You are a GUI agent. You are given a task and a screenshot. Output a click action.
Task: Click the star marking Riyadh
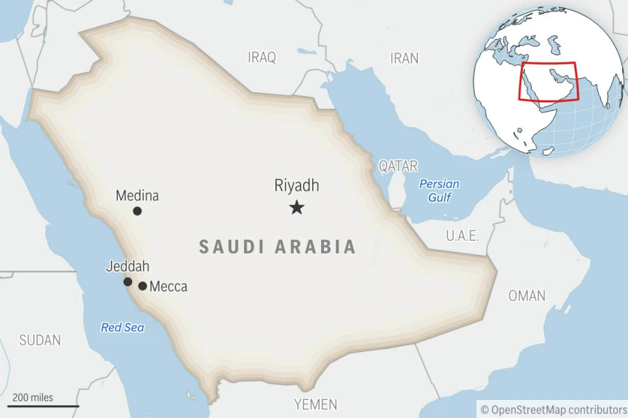[296, 207]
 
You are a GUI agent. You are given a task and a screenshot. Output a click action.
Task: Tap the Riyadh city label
[296, 186]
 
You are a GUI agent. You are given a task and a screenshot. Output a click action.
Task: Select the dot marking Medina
[137, 211]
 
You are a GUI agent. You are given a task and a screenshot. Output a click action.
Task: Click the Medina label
[137, 196]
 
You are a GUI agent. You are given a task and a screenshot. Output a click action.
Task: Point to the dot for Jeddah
[128, 282]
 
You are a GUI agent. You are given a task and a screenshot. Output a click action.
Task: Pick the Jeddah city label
[128, 266]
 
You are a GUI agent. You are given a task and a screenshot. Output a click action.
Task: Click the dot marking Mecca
[142, 286]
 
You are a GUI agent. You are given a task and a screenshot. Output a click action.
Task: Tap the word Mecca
[169, 287]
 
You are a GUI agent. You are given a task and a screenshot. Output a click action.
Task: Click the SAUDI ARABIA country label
[277, 247]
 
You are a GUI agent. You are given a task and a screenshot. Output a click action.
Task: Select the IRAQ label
[262, 58]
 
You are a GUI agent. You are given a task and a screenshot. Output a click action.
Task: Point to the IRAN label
[404, 58]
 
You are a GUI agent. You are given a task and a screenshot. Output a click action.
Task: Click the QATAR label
[398, 166]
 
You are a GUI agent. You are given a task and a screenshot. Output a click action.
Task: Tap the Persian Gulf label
[439, 191]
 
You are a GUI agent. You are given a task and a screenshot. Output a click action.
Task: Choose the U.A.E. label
[462, 236]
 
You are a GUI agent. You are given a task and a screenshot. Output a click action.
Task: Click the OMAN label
[527, 296]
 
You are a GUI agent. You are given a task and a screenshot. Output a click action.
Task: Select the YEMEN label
[315, 405]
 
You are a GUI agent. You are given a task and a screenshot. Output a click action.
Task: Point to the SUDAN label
[40, 341]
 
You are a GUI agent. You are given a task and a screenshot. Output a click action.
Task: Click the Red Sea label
[122, 328]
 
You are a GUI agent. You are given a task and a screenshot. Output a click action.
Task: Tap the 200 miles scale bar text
[33, 398]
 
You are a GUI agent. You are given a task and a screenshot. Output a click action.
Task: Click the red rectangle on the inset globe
[548, 63]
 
